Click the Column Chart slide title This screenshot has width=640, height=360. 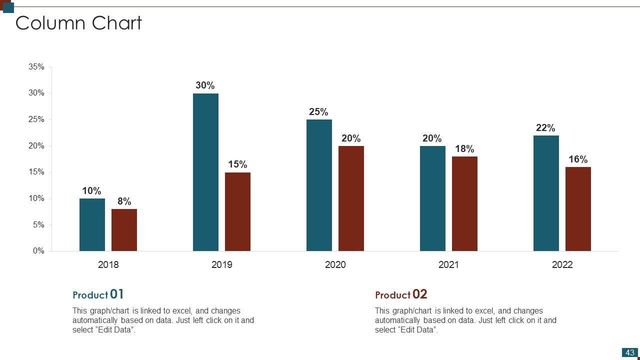point(78,23)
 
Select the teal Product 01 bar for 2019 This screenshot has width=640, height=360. point(205,172)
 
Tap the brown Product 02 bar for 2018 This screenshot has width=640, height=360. point(124,230)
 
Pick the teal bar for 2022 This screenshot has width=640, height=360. point(546,193)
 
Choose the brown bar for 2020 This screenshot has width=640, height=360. point(351,198)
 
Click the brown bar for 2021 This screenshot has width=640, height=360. point(464,203)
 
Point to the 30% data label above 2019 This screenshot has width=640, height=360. point(205,85)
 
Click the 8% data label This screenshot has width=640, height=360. point(124,201)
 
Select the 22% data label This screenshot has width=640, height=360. point(545,128)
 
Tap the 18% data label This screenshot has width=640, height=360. point(464,149)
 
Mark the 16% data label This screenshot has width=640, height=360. point(578,159)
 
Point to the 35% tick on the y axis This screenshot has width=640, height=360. point(36,67)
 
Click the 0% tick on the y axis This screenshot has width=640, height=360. point(38,251)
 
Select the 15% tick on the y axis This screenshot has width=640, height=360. point(36,172)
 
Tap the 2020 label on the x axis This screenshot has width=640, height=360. point(335,264)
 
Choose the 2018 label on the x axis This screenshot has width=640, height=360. point(108,264)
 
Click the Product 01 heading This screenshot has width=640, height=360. point(98,294)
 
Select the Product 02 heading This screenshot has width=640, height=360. point(401,294)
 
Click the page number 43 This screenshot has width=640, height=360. point(630,352)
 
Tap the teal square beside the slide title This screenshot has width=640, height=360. point(8,7)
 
